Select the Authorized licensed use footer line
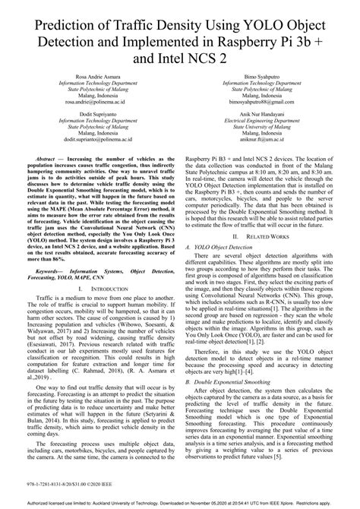point(179,502)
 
